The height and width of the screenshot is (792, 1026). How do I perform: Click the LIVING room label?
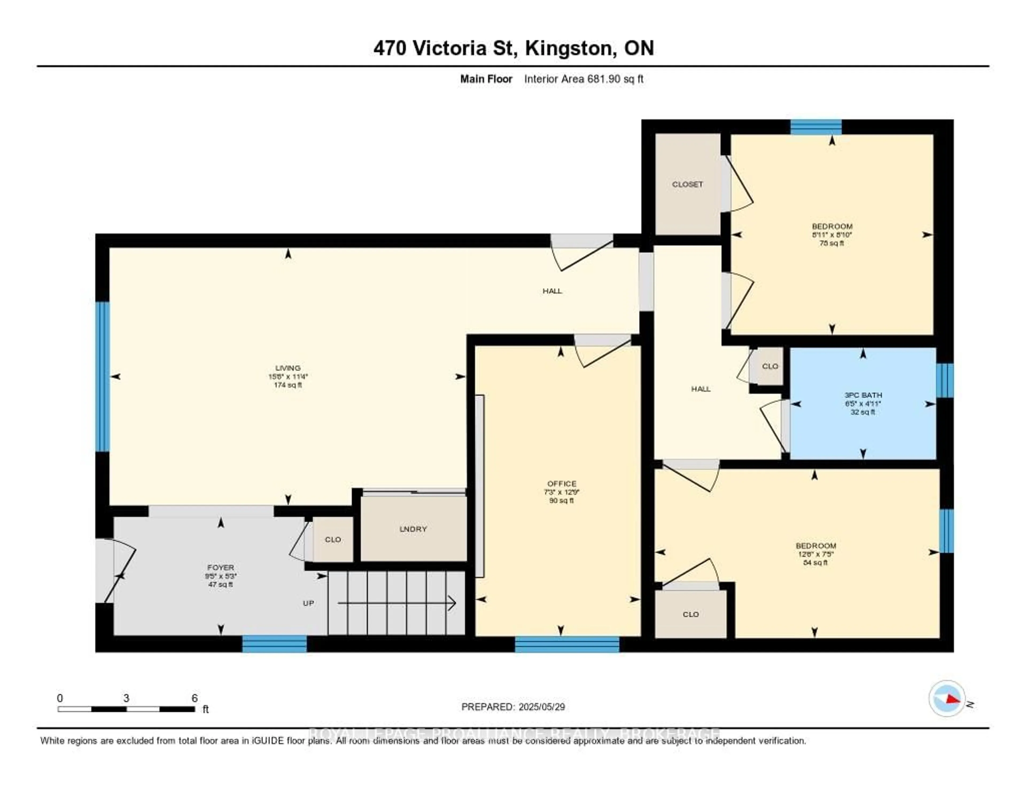coord(287,368)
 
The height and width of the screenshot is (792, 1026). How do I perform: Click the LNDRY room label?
coord(413,529)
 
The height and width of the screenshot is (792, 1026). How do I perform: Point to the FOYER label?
coord(220,568)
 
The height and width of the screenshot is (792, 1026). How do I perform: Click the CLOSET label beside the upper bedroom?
coord(687,185)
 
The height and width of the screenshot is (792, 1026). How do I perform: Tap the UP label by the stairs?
coord(308,603)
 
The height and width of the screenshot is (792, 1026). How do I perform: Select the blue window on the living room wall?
coord(102,377)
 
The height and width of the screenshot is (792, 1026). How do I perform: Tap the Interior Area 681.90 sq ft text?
coord(584,79)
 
